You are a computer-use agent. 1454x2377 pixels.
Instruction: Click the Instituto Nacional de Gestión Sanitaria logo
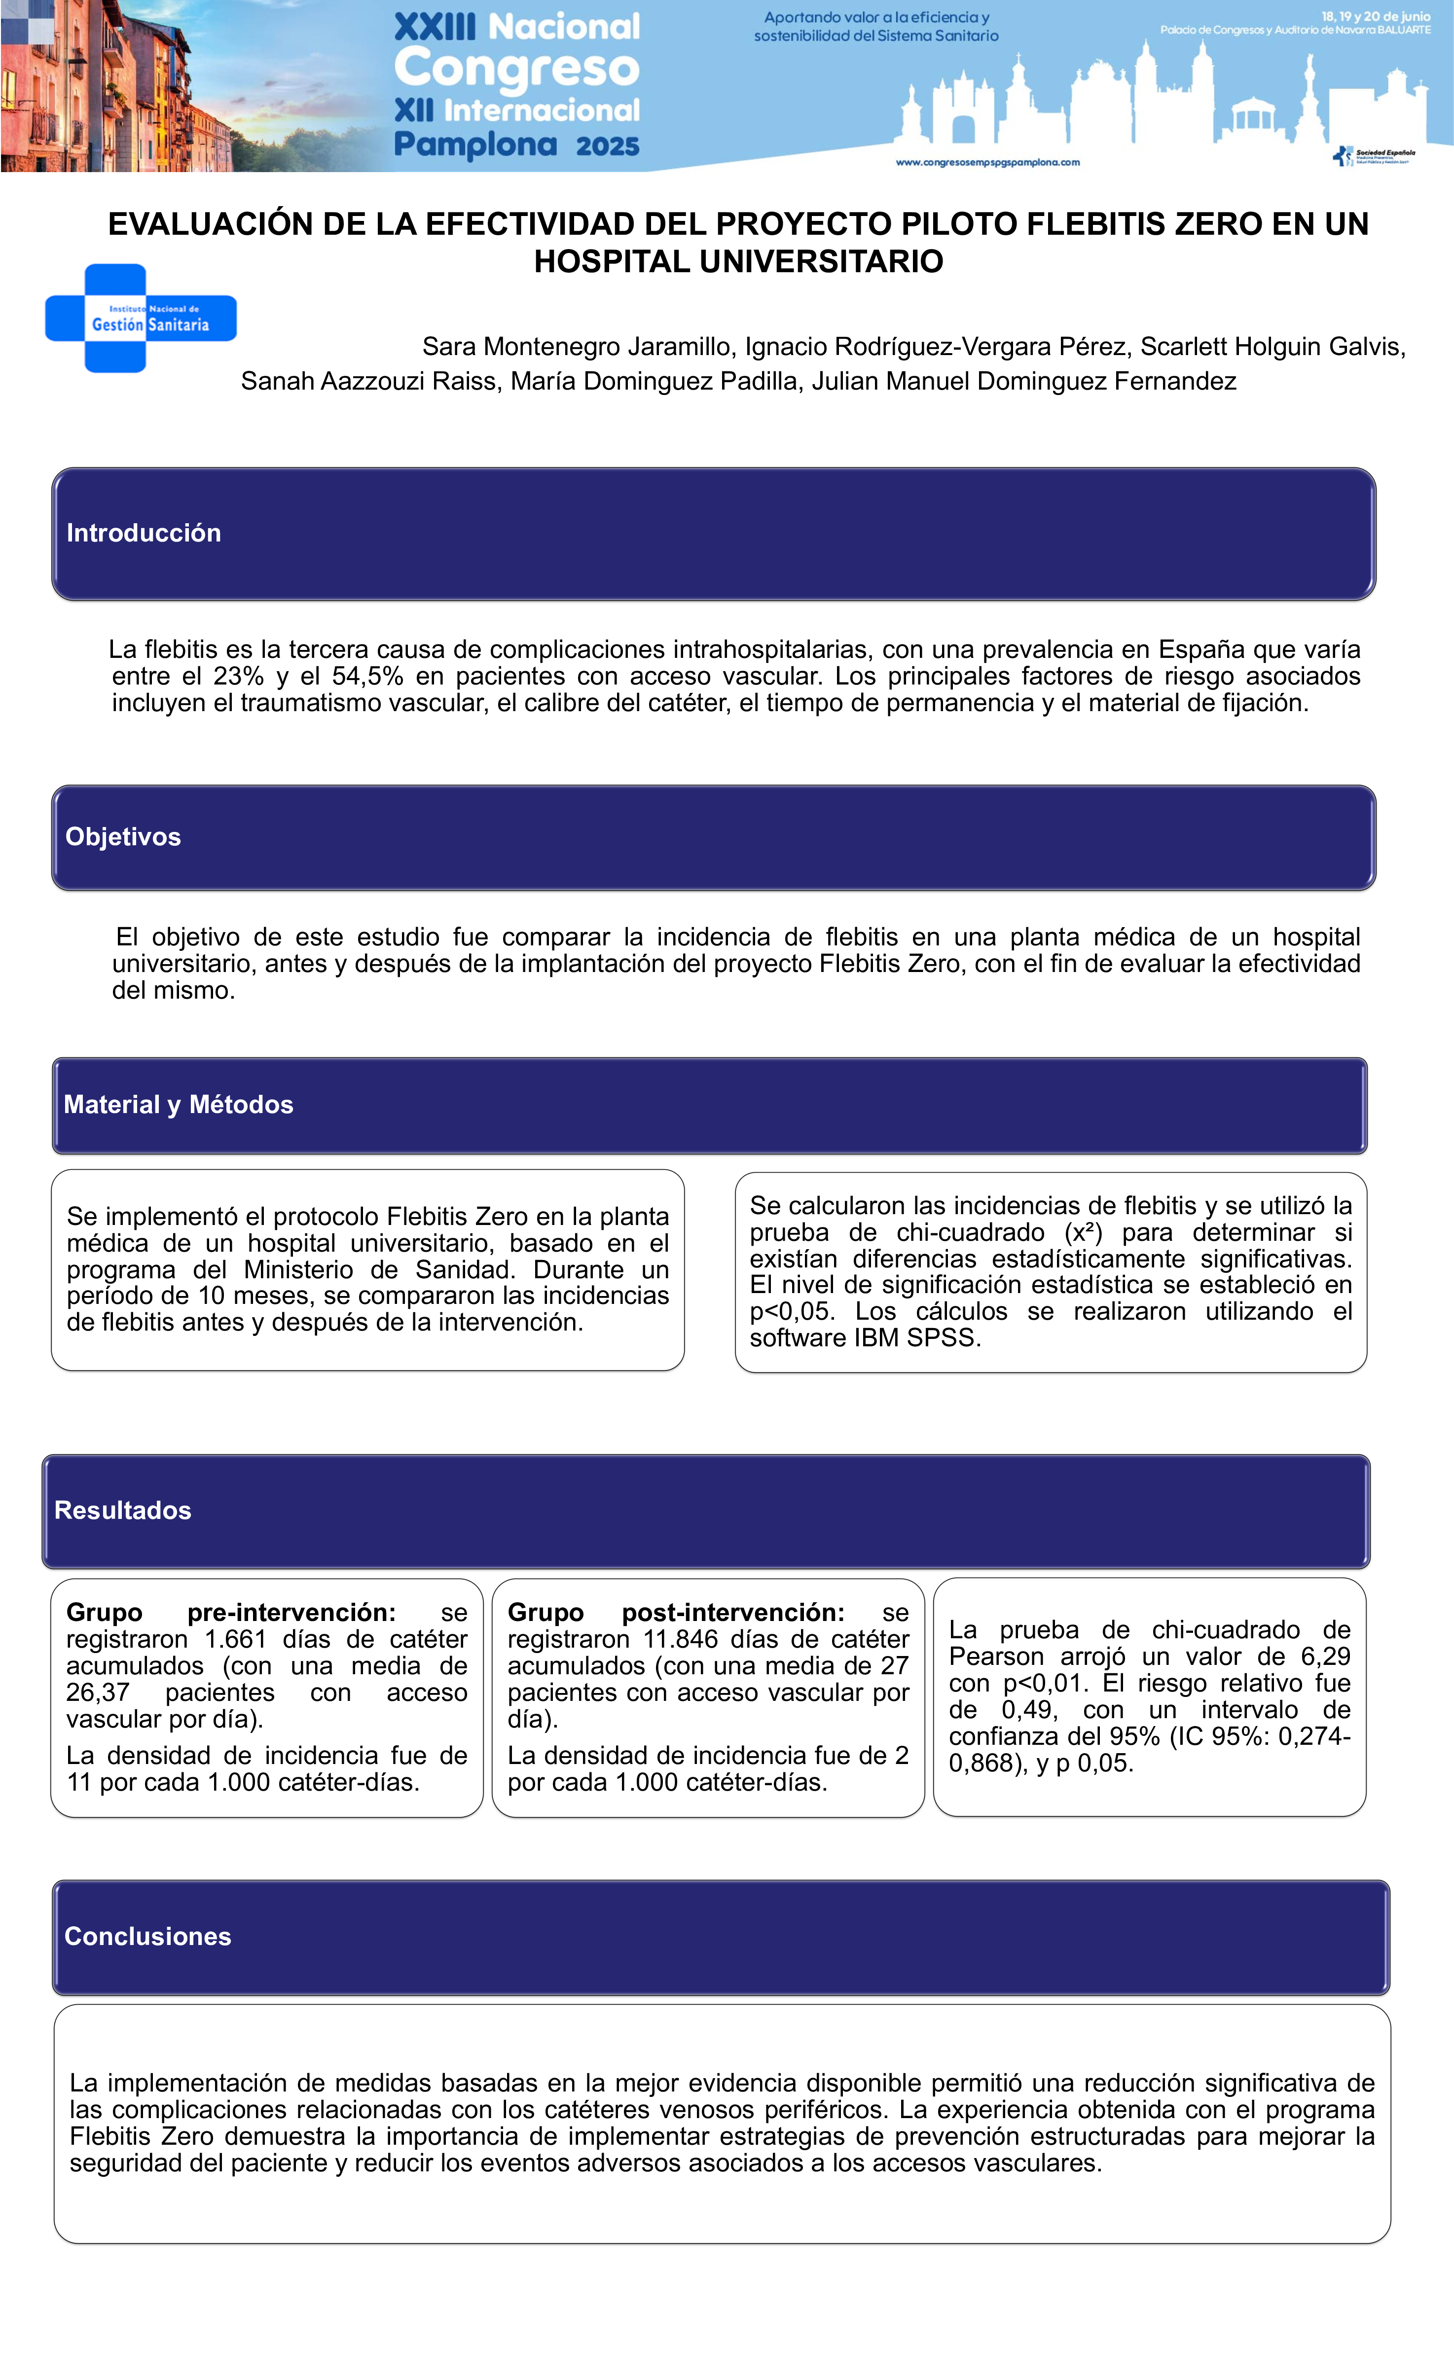[141, 319]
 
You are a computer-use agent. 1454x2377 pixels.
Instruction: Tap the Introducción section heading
[144, 534]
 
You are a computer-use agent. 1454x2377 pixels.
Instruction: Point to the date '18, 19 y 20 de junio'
[1375, 16]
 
